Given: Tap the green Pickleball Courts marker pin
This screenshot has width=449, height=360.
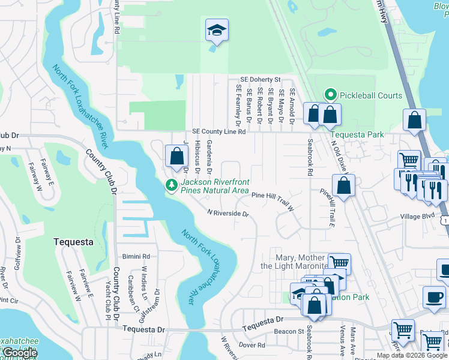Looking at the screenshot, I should (x=330, y=95).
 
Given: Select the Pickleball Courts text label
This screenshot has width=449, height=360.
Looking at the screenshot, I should (x=371, y=95).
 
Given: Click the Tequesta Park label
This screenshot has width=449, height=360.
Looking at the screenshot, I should (x=358, y=135).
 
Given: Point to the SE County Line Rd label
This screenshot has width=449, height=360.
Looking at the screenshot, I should (x=218, y=131).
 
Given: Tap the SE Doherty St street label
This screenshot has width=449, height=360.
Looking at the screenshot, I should (x=261, y=79).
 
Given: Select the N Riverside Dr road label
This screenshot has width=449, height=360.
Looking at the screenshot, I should (x=228, y=212).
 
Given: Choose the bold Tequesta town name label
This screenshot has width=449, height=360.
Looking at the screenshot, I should (x=73, y=242).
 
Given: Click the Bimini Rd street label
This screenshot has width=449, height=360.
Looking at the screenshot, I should (x=135, y=256).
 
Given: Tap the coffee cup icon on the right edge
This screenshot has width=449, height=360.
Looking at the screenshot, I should (x=434, y=296).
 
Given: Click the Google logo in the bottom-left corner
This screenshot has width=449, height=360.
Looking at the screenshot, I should (x=20, y=353).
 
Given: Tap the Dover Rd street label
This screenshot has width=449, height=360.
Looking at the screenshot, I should (x=252, y=345).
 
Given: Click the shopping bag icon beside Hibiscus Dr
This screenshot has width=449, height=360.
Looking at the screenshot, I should (x=176, y=157).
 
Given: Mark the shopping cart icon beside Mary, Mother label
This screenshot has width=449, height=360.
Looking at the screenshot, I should (x=339, y=263).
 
